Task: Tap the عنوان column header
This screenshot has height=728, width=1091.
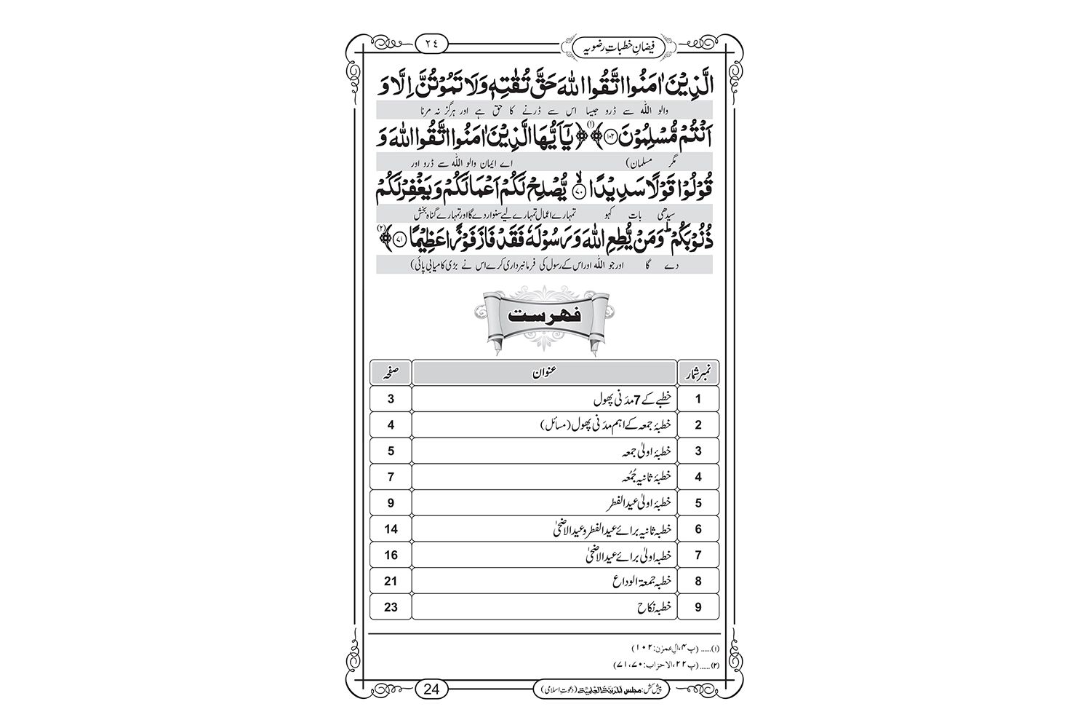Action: click(544, 372)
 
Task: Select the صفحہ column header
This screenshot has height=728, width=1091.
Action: click(391, 372)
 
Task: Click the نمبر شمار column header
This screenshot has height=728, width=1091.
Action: click(698, 372)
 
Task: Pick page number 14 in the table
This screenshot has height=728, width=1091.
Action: click(391, 529)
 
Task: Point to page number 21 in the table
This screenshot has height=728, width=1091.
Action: click(391, 581)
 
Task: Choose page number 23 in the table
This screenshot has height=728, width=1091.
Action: click(391, 606)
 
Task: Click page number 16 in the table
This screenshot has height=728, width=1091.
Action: click(391, 555)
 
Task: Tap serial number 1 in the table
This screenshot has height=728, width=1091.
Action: click(698, 399)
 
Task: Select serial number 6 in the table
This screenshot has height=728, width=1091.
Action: click(698, 529)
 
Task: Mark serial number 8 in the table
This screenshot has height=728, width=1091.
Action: click(698, 581)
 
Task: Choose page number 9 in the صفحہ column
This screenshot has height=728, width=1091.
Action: click(391, 503)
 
